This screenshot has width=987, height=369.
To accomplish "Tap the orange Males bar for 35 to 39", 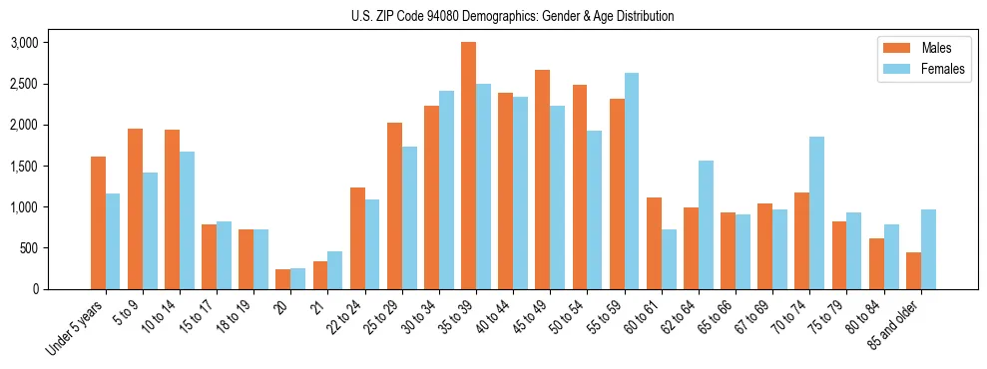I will point(468,166).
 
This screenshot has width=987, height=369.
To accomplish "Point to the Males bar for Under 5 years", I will point(98,222).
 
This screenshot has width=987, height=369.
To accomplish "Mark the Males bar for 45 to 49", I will point(543,180).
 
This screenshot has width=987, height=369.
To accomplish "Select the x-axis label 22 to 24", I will point(354,318).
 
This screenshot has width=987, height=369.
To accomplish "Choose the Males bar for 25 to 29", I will point(394,205).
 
